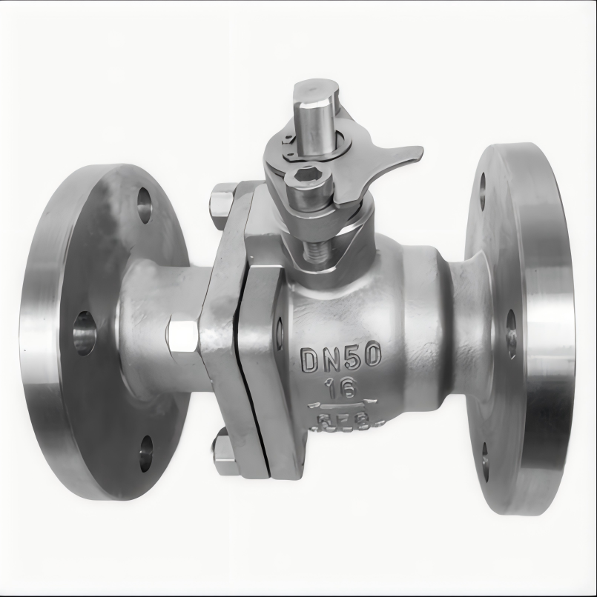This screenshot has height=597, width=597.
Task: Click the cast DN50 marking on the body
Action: (341, 358)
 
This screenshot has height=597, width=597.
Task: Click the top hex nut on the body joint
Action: (222, 205)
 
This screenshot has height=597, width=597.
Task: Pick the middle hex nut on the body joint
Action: (182, 336)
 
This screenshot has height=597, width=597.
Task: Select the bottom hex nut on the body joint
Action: (225, 453)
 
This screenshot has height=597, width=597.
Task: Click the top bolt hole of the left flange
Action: (144, 205)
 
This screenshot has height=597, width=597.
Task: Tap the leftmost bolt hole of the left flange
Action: (84, 333)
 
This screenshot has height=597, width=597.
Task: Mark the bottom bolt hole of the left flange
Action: (145, 453)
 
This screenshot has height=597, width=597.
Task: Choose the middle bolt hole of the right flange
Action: (511, 334)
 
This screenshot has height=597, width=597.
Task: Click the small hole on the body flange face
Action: (280, 333)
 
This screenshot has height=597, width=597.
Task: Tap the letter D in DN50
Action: (310, 360)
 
